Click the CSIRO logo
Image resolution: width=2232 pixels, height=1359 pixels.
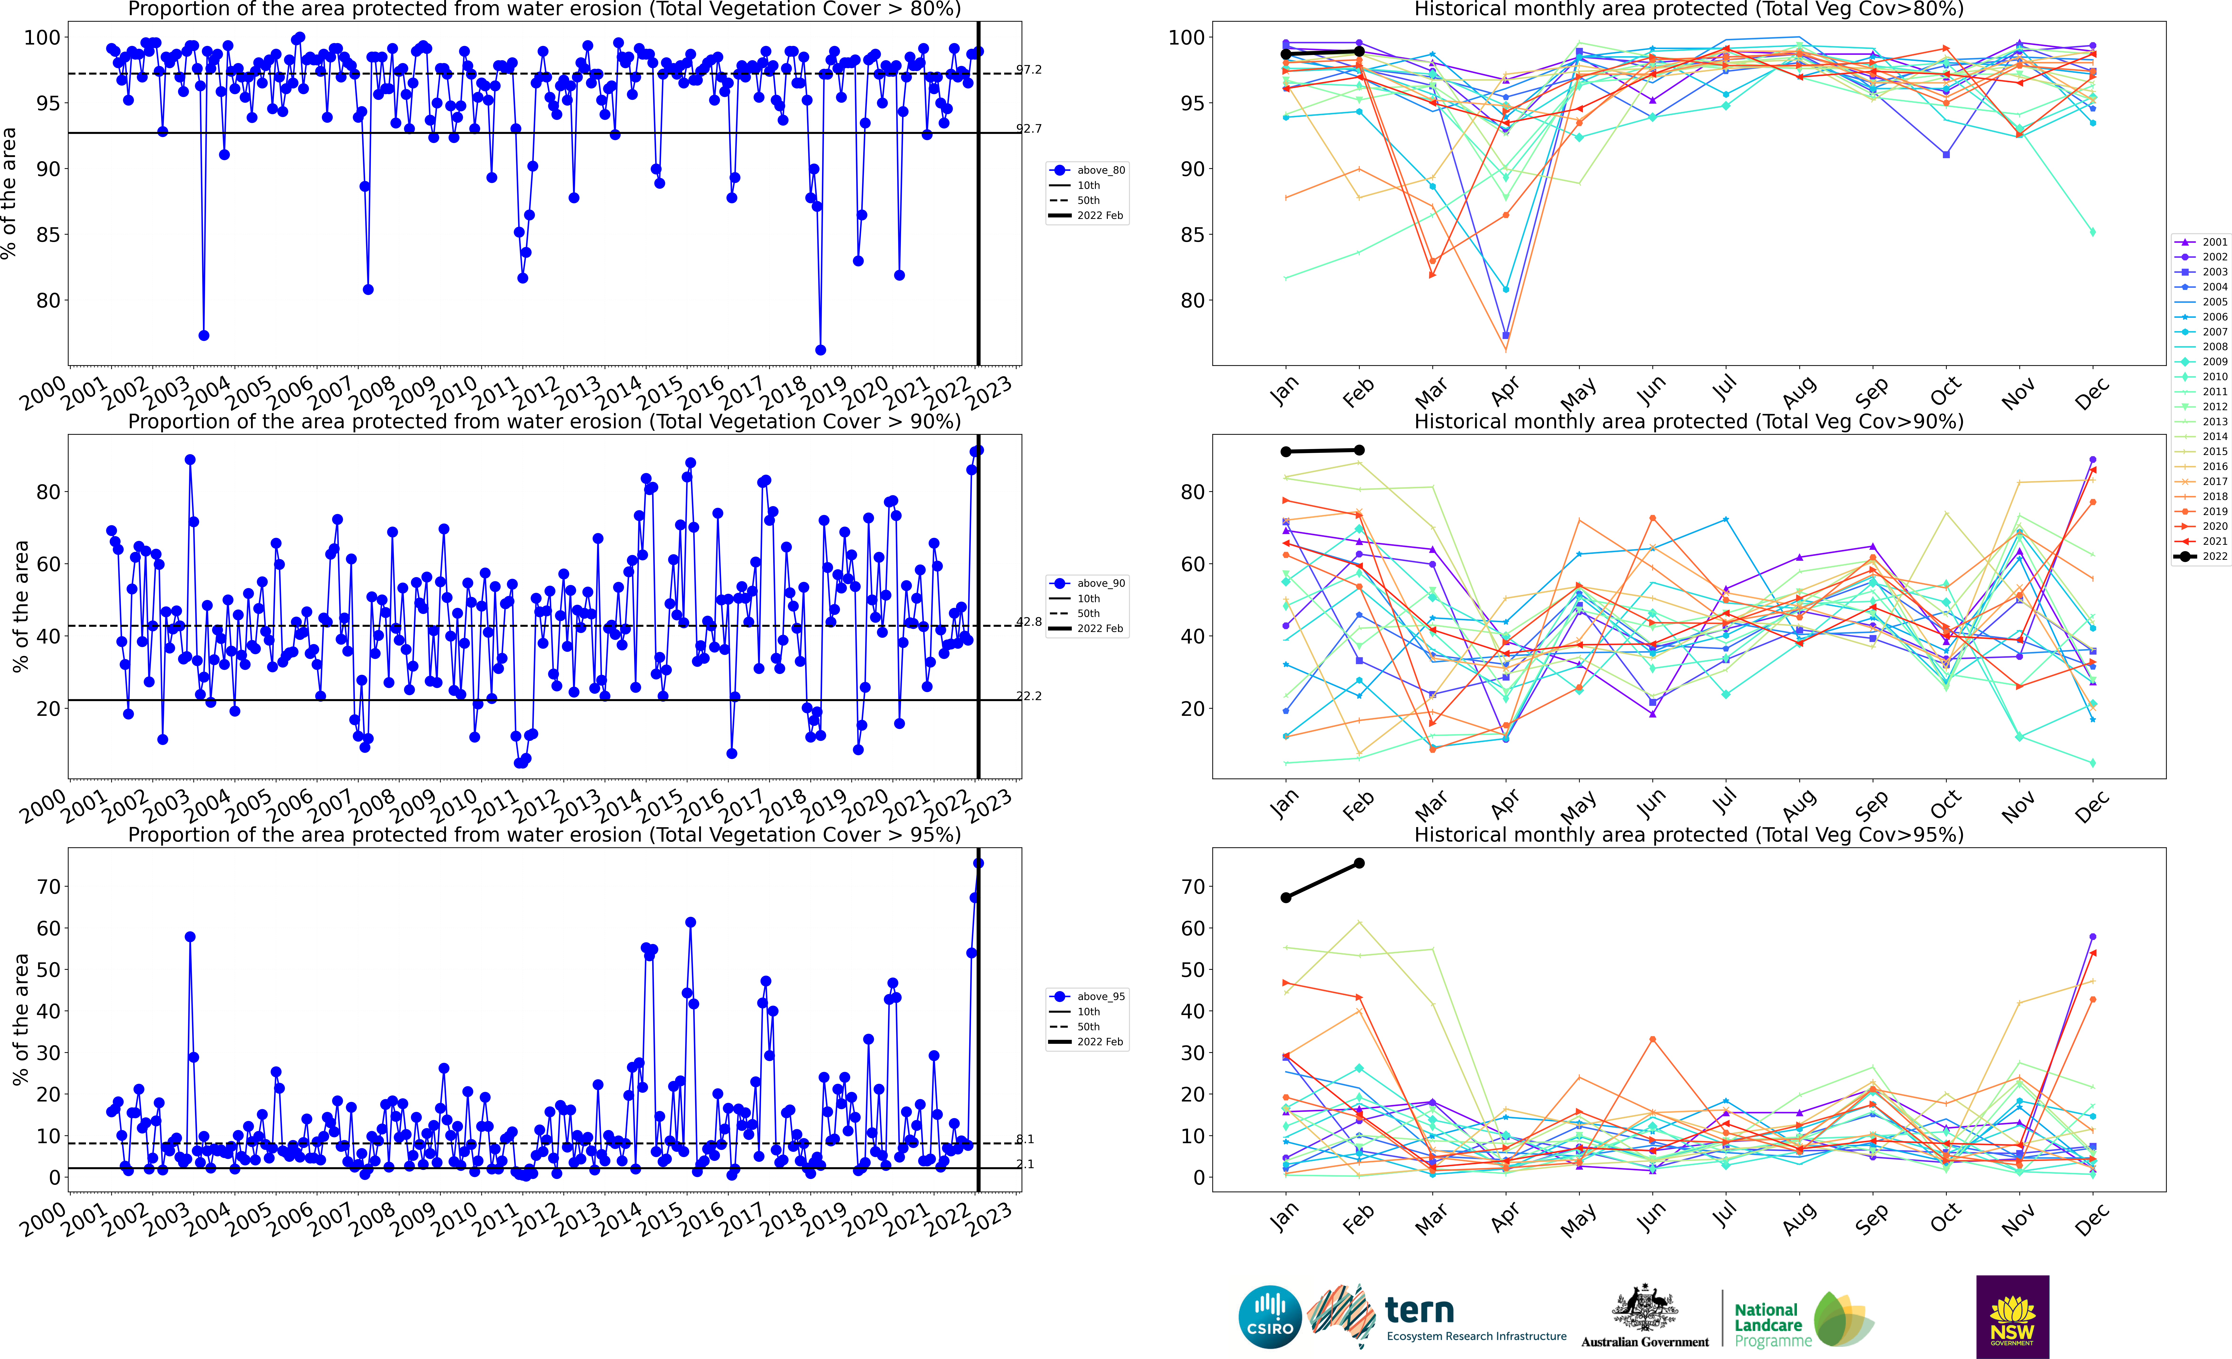[x=1270, y=1316]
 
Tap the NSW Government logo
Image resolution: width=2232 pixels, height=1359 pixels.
[x=2012, y=1316]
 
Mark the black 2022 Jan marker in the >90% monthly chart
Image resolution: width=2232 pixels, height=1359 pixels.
[x=1285, y=451]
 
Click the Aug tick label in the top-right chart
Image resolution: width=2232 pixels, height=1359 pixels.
[x=1798, y=391]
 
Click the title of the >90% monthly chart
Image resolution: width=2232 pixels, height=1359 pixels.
[x=1689, y=421]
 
